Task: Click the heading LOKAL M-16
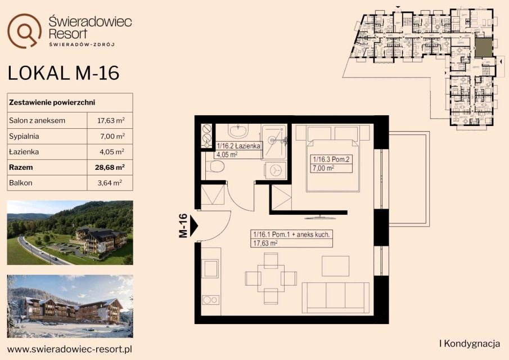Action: [x=64, y=73]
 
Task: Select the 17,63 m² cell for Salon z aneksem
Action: [x=111, y=120]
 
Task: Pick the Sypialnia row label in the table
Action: [x=24, y=136]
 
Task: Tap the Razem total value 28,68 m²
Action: [x=110, y=168]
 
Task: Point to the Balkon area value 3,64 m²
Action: [x=110, y=183]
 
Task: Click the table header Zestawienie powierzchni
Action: [x=52, y=102]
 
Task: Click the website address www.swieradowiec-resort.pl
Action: [x=70, y=349]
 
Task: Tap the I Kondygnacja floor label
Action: [x=469, y=344]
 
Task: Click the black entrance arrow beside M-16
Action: [x=194, y=226]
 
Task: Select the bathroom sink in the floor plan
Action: [x=238, y=131]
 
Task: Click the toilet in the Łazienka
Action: [x=215, y=168]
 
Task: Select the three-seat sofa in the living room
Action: [x=336, y=298]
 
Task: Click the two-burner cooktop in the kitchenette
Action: [x=211, y=300]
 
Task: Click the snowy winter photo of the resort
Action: [x=70, y=306]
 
